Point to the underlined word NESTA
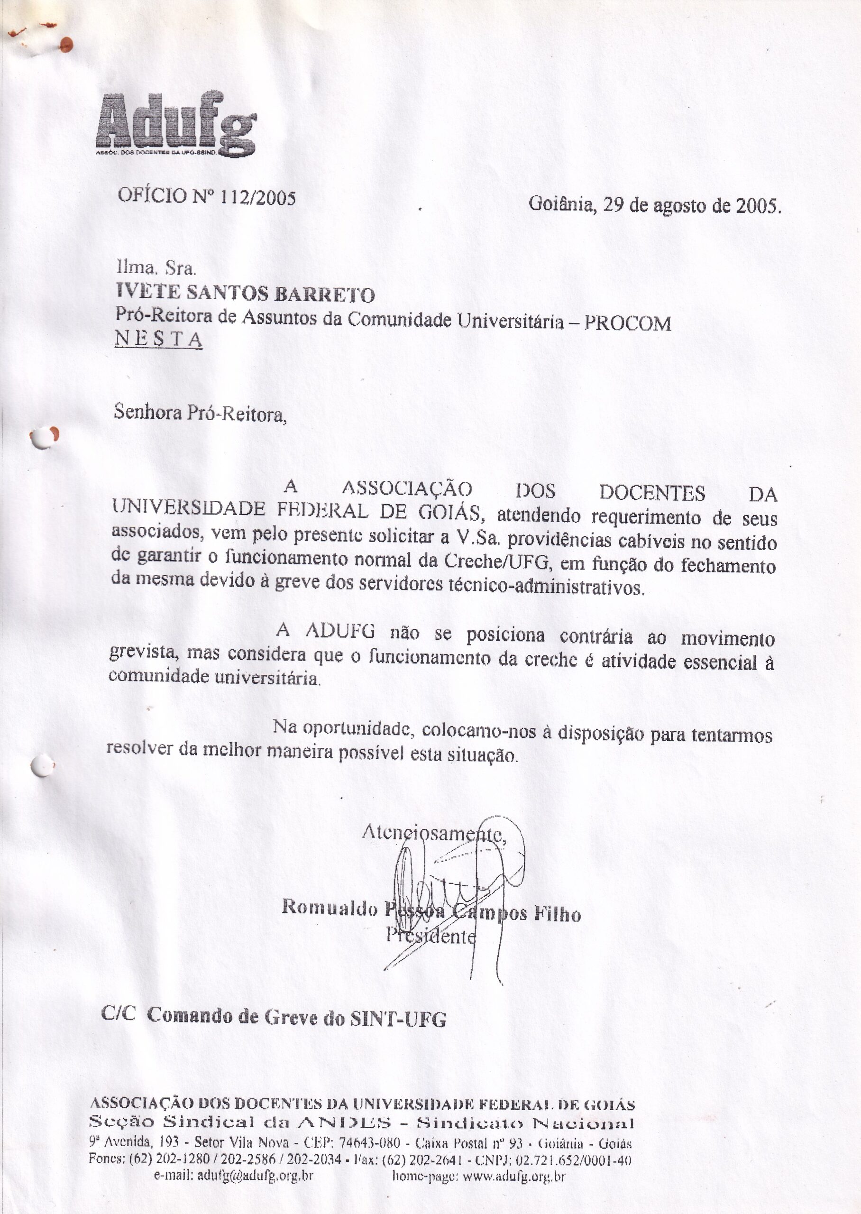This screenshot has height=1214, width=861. pyautogui.click(x=158, y=339)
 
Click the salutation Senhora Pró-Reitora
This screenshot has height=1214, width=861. pyautogui.click(x=200, y=413)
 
